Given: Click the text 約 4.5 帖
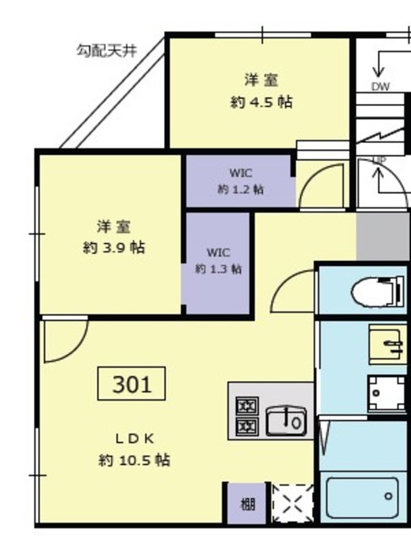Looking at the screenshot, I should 261,102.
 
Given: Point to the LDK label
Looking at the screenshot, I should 134,439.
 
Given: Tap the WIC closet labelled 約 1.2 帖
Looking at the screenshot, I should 240,181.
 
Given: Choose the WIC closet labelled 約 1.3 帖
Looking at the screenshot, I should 218,261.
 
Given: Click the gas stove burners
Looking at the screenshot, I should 246,416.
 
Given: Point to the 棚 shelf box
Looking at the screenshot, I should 246,505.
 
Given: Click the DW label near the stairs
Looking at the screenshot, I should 380,87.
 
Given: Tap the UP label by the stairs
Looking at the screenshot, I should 379,161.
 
